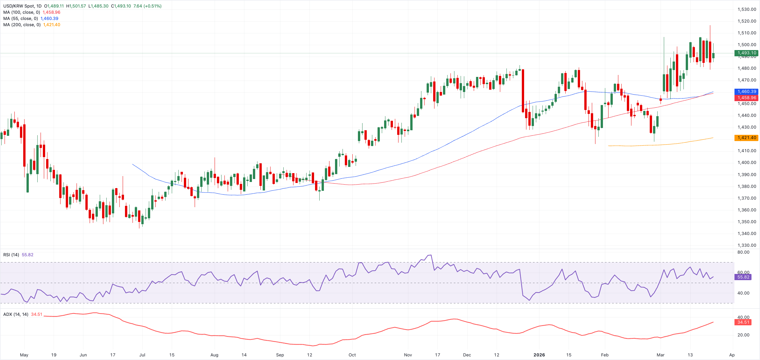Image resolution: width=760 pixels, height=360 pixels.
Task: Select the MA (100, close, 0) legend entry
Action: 22,12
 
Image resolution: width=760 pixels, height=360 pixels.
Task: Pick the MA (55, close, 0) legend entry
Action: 20,19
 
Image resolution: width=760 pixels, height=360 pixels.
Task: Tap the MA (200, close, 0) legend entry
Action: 22,25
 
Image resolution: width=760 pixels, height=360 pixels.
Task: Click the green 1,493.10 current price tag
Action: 746,53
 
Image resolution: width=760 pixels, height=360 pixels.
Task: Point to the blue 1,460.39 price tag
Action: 746,92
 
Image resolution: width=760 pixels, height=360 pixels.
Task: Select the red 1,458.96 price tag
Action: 746,98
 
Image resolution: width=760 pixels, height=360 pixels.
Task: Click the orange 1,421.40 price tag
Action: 746,138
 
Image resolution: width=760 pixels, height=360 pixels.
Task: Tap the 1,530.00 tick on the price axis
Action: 747,9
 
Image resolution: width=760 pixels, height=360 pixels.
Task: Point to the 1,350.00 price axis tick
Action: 747,222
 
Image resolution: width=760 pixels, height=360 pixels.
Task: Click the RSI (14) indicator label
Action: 11,255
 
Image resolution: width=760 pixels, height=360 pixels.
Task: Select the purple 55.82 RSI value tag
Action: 743,277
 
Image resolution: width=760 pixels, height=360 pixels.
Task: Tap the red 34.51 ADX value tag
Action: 743,322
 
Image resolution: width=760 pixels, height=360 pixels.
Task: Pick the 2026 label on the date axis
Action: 539,355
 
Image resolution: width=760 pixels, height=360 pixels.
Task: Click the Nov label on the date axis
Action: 408,355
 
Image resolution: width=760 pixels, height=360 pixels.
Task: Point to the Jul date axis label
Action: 142,355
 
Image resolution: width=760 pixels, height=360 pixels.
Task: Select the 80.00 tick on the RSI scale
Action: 743,252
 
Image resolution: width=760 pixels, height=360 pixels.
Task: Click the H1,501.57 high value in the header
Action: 76,6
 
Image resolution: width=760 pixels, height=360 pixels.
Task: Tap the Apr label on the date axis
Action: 732,355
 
